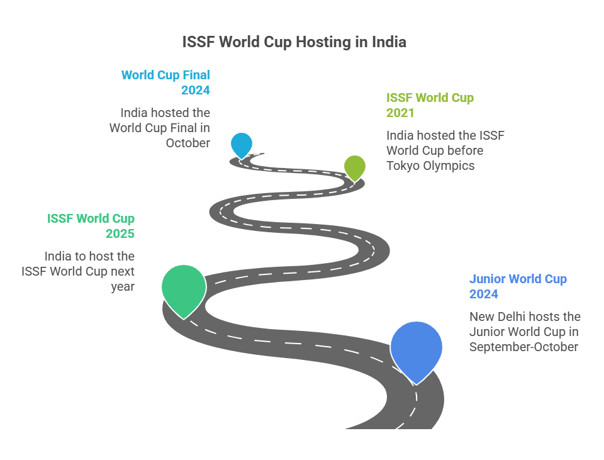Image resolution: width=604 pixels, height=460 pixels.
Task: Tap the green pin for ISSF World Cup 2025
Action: click(184, 289)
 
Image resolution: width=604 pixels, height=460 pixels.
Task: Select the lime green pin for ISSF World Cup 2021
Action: click(354, 167)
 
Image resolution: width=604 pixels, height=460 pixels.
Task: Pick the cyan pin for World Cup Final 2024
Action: click(242, 145)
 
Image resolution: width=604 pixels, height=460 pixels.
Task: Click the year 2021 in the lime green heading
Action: click(400, 113)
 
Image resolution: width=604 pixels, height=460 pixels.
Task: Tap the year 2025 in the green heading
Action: click(120, 233)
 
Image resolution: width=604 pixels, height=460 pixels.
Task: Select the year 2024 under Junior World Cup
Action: click(483, 294)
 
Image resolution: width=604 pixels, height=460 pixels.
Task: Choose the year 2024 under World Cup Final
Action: click(196, 90)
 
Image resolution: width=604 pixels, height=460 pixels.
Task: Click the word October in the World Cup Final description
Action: click(188, 143)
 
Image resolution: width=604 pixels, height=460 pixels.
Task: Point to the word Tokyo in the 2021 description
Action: click(403, 165)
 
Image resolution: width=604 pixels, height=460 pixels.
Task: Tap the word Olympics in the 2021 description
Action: click(449, 165)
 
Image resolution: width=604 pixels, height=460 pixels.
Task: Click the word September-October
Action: click(523, 347)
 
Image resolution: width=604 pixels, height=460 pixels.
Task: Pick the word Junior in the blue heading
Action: click(487, 279)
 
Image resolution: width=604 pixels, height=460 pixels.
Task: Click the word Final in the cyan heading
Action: click(196, 75)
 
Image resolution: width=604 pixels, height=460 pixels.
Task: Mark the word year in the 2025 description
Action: click(123, 287)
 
